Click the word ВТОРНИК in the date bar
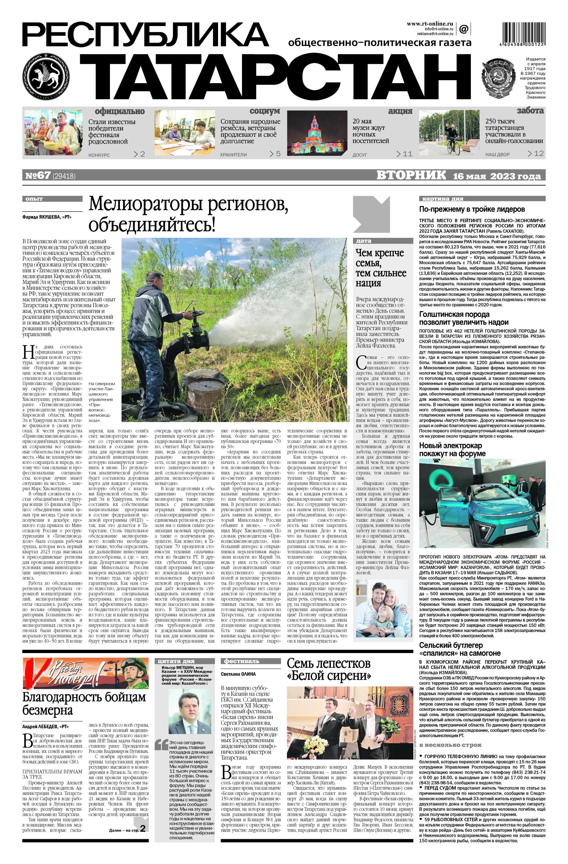(411, 176)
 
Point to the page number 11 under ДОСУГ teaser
(404, 154)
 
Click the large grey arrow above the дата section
(371, 214)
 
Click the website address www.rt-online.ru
(429, 24)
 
